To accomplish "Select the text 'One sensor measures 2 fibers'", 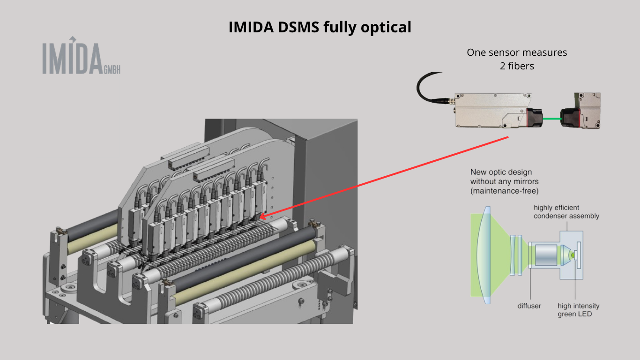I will pyautogui.click(x=517, y=59).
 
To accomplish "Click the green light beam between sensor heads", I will pyautogui.click(x=553, y=119).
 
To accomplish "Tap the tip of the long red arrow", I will pyautogui.click(x=261, y=217).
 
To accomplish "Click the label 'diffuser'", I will pyautogui.click(x=529, y=306).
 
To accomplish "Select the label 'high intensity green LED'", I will pyautogui.click(x=578, y=310).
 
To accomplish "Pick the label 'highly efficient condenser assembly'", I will pyautogui.click(x=566, y=212).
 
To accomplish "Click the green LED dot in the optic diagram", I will pyautogui.click(x=572, y=255).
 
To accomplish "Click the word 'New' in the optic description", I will pyautogui.click(x=478, y=172).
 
